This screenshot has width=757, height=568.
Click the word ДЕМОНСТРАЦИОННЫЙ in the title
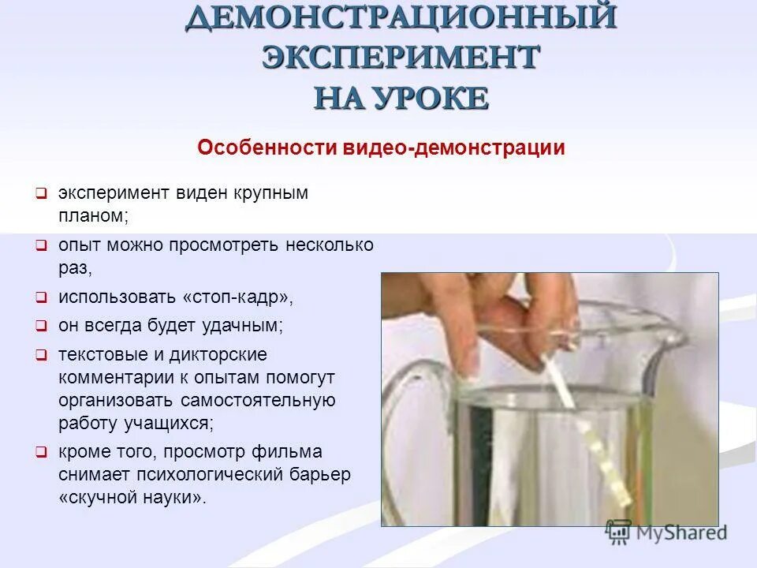(x=401, y=17)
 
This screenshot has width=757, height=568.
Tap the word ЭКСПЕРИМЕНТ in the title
(x=401, y=58)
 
